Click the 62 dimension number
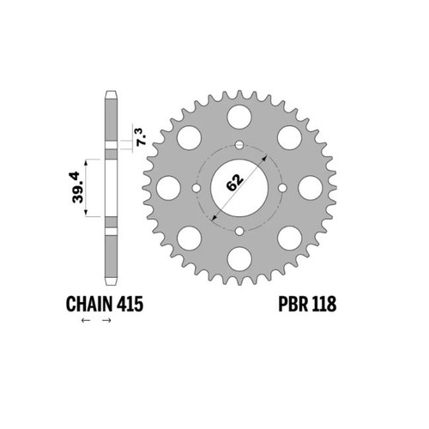coord(234,182)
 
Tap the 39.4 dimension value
coord(77,187)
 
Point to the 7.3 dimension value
coord(142,137)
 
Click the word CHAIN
coord(89,304)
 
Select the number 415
coord(130,304)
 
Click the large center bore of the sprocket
coord(239,188)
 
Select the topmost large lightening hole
coord(239,117)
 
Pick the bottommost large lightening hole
coord(239,259)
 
